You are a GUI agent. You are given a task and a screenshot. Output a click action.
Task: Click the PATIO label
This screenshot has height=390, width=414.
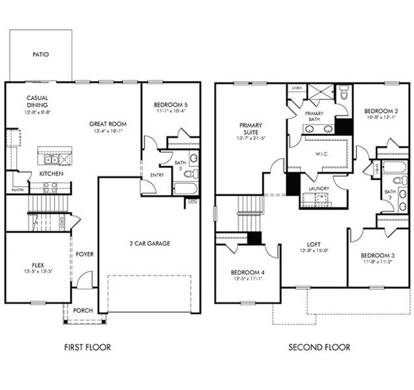pyautogui.click(x=40, y=55)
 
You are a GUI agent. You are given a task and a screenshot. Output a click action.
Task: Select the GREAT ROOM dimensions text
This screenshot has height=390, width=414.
pyautogui.click(x=108, y=131)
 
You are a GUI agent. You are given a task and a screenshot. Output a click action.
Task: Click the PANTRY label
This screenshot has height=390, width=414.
pyautogui.click(x=18, y=190)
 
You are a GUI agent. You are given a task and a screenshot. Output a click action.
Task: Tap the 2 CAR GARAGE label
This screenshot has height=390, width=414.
pyautogui.click(x=148, y=243)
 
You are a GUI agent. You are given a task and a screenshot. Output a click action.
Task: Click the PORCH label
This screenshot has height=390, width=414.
pyautogui.click(x=82, y=310)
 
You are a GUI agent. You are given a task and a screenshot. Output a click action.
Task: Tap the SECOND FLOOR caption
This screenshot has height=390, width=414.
pyautogui.click(x=319, y=347)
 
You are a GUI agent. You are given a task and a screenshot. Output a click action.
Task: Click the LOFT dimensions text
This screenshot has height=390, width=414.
pyautogui.click(x=314, y=250)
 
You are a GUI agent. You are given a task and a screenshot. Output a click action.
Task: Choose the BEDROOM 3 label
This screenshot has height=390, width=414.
pyautogui.click(x=378, y=255)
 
